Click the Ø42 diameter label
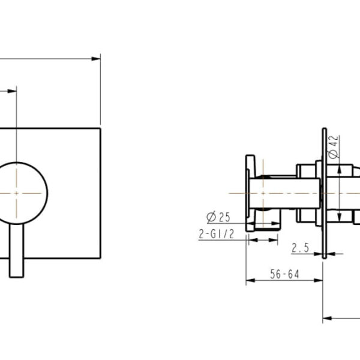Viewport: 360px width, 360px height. click(x=334, y=147)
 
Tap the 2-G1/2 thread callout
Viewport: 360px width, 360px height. click(x=215, y=235)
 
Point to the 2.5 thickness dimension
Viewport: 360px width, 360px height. click(x=301, y=247)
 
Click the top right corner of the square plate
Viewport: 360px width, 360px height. click(x=100, y=128)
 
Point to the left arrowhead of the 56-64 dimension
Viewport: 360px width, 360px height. click(x=249, y=280)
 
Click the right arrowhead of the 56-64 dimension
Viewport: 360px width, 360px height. click(x=320, y=280)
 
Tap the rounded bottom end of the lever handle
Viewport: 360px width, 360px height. click(x=17, y=275)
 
